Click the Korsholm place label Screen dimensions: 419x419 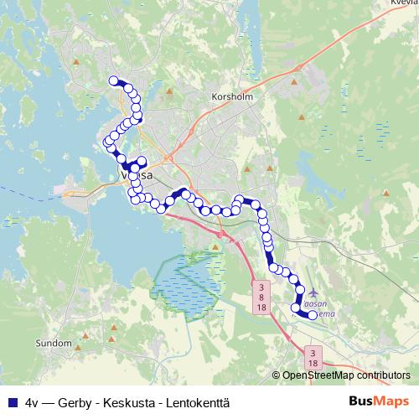(x=233, y=96)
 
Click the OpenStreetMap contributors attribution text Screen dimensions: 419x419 (x=346, y=375)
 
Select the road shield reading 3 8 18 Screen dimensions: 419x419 (x=261, y=297)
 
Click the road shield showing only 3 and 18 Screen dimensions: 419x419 (x=313, y=357)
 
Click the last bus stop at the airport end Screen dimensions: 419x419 (x=313, y=315)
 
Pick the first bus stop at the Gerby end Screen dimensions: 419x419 (x=113, y=80)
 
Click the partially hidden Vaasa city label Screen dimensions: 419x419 (x=138, y=177)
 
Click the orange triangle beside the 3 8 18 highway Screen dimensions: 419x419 (x=215, y=246)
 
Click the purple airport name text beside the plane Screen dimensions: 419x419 (x=320, y=308)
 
